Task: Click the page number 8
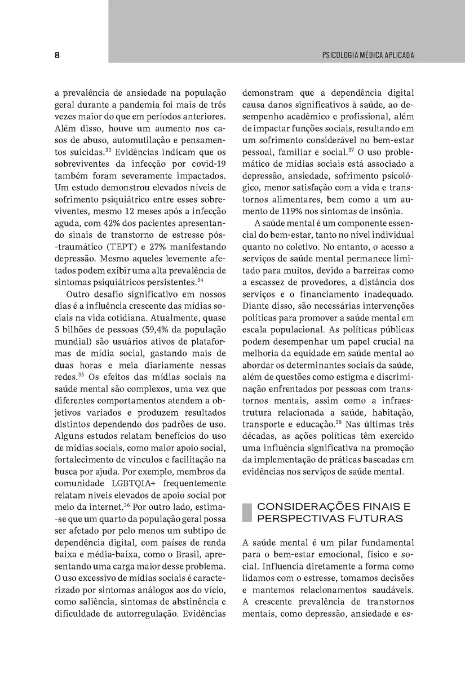point(57,55)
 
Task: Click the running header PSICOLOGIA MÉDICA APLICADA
point(368,55)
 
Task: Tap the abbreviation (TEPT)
point(114,246)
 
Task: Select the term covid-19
point(208,163)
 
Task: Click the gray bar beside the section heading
point(246,513)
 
